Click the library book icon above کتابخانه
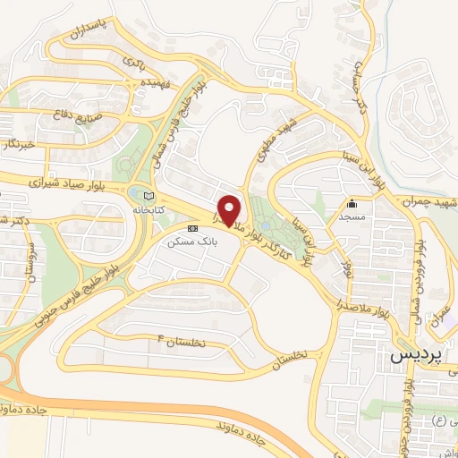pos(148,195)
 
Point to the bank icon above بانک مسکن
pos(193,228)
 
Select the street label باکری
pos(131,63)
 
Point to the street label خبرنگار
pos(18,144)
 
